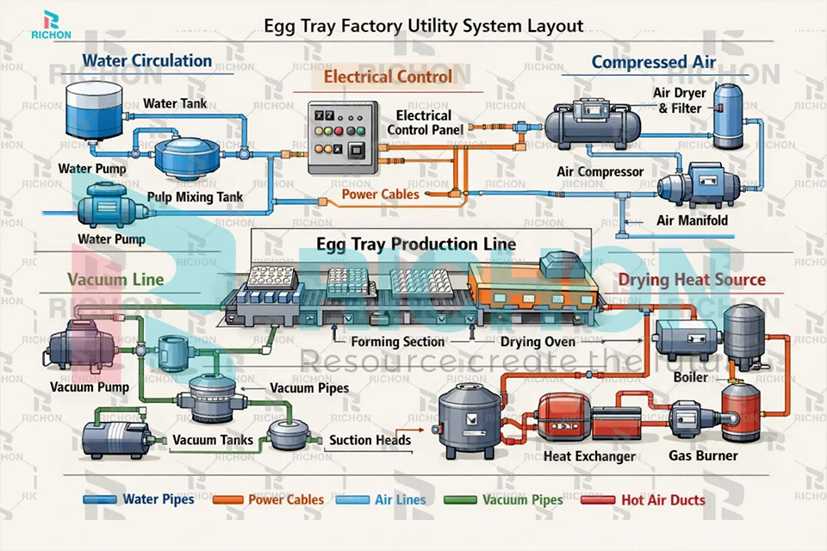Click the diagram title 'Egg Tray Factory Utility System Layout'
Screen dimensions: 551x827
click(x=423, y=26)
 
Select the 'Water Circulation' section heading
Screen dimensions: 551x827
click(x=146, y=61)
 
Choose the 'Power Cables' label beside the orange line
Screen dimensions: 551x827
click(x=380, y=195)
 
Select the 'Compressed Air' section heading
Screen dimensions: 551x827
click(x=653, y=62)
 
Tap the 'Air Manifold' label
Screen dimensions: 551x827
click(x=692, y=220)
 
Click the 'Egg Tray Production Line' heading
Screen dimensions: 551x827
click(x=416, y=245)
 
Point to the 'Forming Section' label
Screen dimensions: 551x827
click(x=399, y=342)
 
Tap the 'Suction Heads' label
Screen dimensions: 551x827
click(x=370, y=441)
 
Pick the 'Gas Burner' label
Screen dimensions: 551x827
click(x=703, y=455)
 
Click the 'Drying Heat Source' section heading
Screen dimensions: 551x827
click(x=691, y=280)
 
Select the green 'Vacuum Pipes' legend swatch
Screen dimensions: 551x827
click(x=461, y=500)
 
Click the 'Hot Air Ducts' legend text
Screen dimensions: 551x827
click(x=662, y=500)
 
